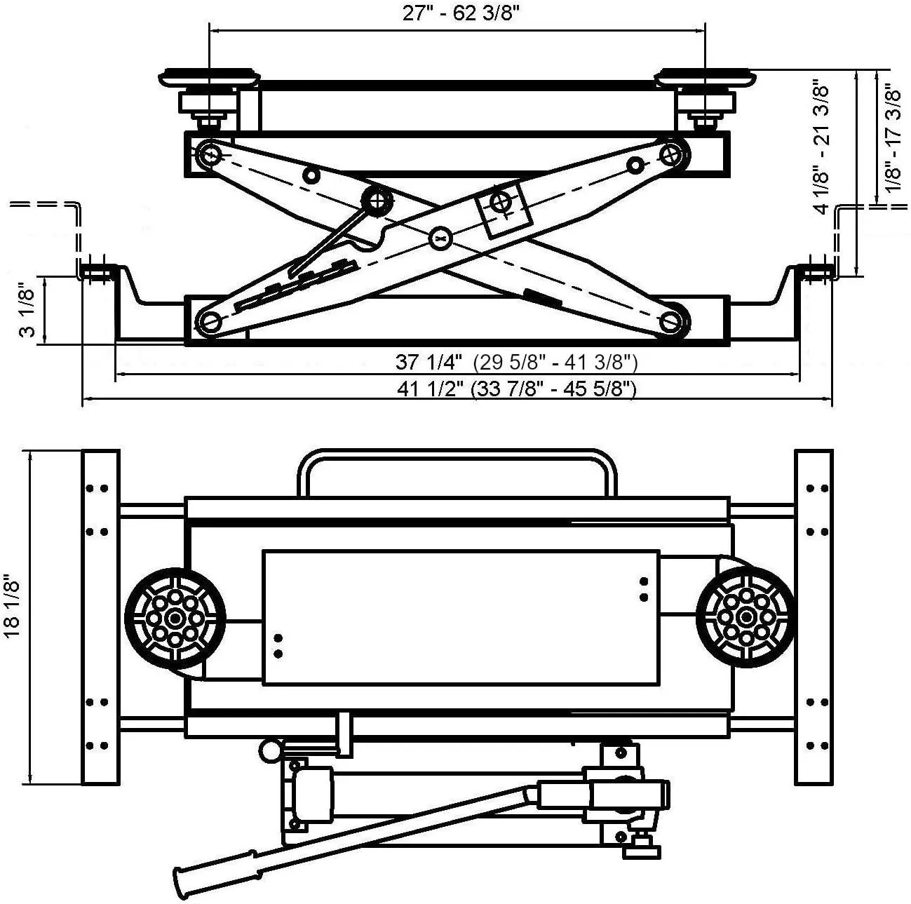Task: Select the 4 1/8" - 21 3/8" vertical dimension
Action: [822, 149]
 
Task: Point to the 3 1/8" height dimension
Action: [27, 311]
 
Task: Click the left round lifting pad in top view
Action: [175, 617]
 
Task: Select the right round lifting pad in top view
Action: [746, 616]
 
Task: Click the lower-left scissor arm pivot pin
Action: [209, 322]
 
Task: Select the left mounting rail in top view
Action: [101, 617]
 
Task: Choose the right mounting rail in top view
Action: [814, 617]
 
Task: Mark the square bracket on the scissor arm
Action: [500, 208]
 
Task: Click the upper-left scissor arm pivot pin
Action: [209, 152]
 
